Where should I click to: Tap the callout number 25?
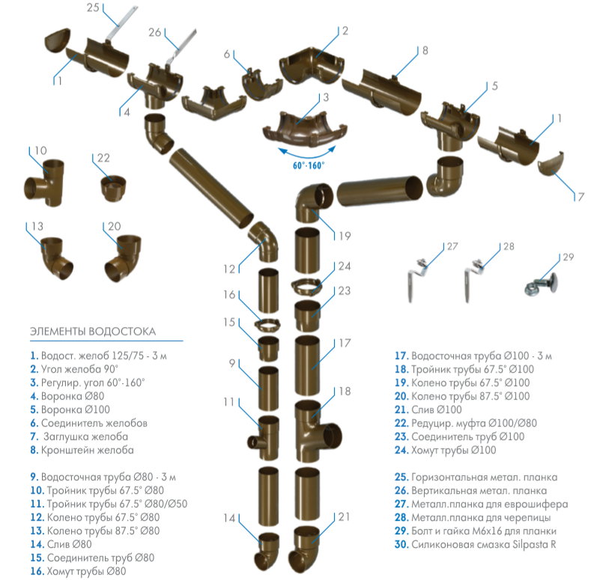94,10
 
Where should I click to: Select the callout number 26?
155,32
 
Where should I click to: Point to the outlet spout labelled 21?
307,548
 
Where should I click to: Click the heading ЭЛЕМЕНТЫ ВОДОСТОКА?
93,330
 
